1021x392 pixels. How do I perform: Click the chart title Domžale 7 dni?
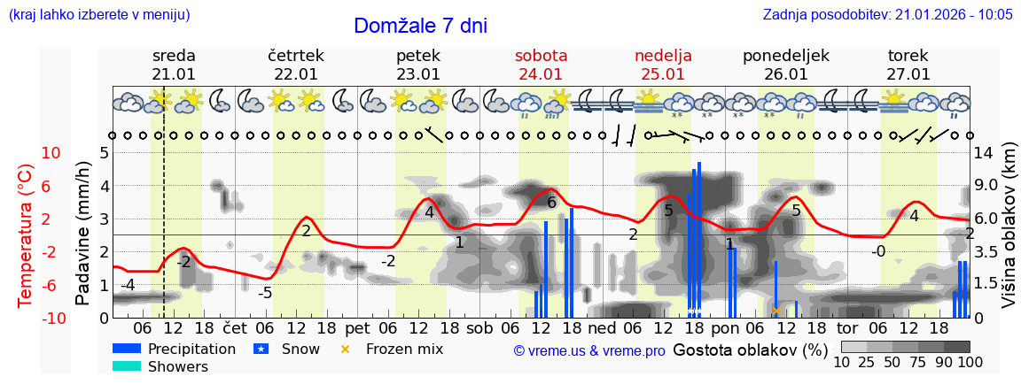click(420, 26)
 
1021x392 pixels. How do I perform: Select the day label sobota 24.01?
click(541, 65)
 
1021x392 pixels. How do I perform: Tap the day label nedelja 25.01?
click(663, 65)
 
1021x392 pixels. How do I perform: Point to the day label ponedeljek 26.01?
click(785, 65)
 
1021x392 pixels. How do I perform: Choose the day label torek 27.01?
click(908, 65)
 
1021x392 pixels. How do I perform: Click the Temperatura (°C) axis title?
click(26, 234)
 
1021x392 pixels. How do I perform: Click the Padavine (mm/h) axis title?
click(82, 234)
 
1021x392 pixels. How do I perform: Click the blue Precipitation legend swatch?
click(127, 349)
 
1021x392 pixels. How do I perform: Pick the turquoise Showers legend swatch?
click(127, 366)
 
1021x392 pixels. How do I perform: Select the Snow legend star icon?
click(261, 349)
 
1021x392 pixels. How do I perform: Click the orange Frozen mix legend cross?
click(346, 349)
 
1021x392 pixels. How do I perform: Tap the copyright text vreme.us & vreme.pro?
click(589, 351)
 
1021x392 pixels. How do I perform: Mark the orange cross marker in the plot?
click(775, 311)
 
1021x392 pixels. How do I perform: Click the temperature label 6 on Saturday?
click(551, 203)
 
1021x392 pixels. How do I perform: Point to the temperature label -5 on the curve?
click(265, 293)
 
